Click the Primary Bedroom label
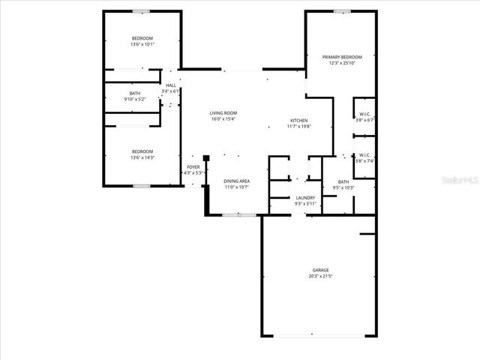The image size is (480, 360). point(342,57)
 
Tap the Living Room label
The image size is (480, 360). point(223,113)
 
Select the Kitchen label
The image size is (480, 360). point(299,121)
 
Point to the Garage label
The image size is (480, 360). point(321,270)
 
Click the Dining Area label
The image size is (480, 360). point(237,181)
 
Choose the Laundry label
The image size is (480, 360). point(305,198)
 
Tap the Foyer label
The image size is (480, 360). point(193,167)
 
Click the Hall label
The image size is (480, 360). point(171,86)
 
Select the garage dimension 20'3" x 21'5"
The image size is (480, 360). point(321,277)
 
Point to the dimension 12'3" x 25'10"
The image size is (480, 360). point(342,64)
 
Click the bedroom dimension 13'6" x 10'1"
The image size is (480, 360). point(142,44)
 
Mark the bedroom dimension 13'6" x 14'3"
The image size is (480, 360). point(142,157)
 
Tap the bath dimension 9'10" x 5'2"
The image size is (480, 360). point(135,99)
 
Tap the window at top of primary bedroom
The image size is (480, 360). point(342,11)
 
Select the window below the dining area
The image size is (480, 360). point(239,215)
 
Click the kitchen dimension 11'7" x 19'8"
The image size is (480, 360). point(299,127)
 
